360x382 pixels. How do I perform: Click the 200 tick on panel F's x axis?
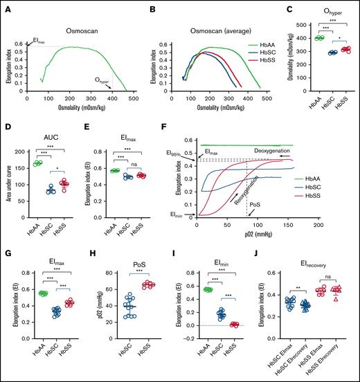pos(316,226)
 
